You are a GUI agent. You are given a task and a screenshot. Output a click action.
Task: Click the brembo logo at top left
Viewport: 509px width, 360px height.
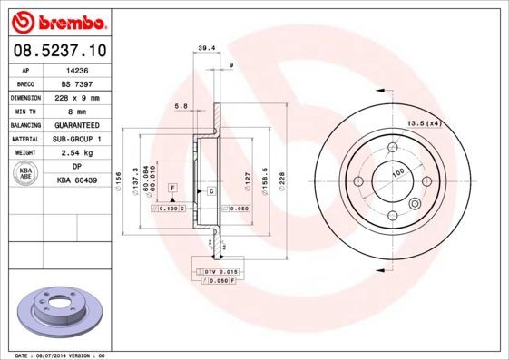coord(56,19)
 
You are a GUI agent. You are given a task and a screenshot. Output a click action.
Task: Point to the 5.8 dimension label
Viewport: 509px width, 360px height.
coord(181,108)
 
